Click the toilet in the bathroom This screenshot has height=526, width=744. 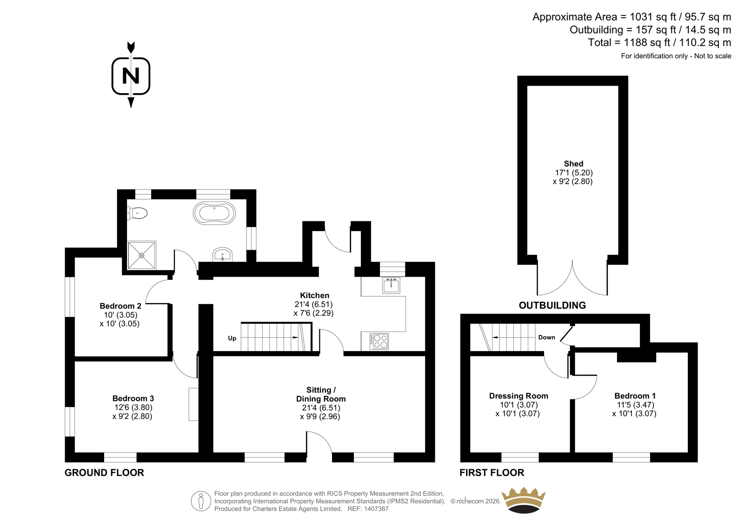pyautogui.click(x=137, y=213)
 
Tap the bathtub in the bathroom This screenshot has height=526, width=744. pyautogui.click(x=214, y=213)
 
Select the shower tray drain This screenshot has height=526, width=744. pyautogui.click(x=141, y=255)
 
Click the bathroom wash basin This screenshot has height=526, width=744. pyautogui.click(x=222, y=254)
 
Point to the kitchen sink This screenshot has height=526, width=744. pyautogui.click(x=391, y=286)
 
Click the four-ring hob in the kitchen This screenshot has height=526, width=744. pyautogui.click(x=379, y=341)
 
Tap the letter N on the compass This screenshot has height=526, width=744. pyautogui.click(x=131, y=76)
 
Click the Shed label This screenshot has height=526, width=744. pyautogui.click(x=574, y=164)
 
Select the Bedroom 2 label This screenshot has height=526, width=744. pyautogui.click(x=120, y=306)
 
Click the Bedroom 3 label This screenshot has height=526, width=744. pyautogui.click(x=133, y=398)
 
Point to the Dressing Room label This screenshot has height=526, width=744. pyautogui.click(x=518, y=396)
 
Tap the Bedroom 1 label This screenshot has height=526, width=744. pyautogui.click(x=635, y=396)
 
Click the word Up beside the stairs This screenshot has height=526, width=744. pyautogui.click(x=232, y=338)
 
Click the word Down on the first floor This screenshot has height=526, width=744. pyautogui.click(x=547, y=337)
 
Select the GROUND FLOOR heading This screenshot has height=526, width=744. pyautogui.click(x=104, y=473)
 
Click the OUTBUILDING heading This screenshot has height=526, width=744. pyautogui.click(x=552, y=305)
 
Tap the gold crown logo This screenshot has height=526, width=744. pyautogui.click(x=524, y=500)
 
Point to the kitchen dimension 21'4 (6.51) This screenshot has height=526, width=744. pyautogui.click(x=313, y=304)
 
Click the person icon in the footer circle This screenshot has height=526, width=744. pyautogui.click(x=200, y=501)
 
